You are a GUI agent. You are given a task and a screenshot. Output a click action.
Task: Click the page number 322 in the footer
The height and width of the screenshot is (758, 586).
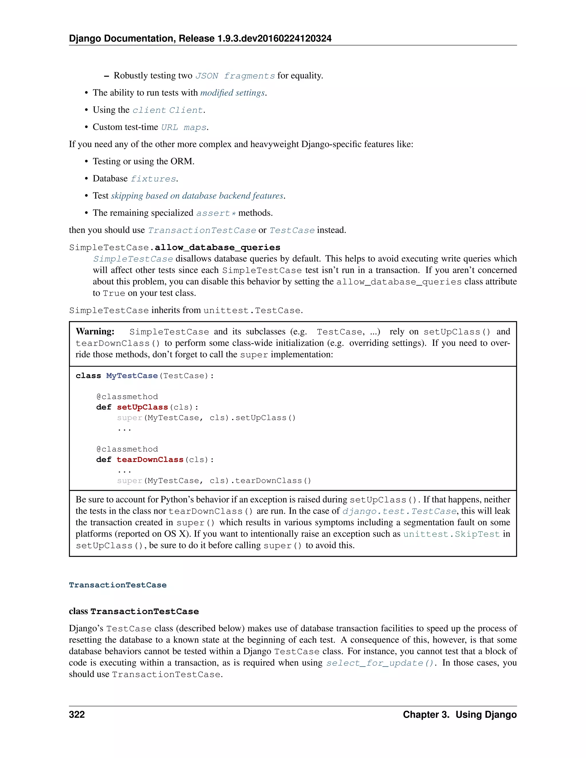pyautogui.click(x=77, y=714)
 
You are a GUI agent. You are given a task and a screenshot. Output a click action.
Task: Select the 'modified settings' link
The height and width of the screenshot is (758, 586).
pyautogui.click(x=233, y=93)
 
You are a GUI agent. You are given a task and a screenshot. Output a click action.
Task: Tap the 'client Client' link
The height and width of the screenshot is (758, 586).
pyautogui.click(x=168, y=110)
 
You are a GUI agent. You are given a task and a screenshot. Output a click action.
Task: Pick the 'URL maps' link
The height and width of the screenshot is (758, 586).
pyautogui.click(x=184, y=127)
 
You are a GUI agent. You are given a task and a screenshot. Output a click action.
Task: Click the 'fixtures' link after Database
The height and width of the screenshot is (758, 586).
pyautogui.click(x=153, y=179)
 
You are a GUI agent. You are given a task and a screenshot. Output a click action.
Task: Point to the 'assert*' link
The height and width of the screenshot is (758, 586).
pyautogui.click(x=215, y=213)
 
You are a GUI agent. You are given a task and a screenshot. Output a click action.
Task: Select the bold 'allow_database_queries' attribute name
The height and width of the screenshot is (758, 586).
pyautogui.click(x=217, y=247)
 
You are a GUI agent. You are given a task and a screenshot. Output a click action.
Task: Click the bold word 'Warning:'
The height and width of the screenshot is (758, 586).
pyautogui.click(x=95, y=332)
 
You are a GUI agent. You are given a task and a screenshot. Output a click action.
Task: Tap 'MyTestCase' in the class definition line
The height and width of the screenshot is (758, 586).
pyautogui.click(x=132, y=376)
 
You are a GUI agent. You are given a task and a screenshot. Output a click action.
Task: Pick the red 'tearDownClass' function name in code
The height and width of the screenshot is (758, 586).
pyautogui.click(x=150, y=460)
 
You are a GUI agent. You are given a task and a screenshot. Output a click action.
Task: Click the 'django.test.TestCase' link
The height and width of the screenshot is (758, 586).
pyautogui.click(x=399, y=511)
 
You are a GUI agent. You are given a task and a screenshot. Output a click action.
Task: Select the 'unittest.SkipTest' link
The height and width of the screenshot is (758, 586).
pyautogui.click(x=451, y=534)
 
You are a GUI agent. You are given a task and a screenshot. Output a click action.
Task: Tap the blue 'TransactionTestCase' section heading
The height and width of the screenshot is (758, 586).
pyautogui.click(x=118, y=585)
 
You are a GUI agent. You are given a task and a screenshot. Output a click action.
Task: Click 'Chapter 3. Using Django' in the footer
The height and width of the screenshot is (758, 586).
pyautogui.click(x=459, y=714)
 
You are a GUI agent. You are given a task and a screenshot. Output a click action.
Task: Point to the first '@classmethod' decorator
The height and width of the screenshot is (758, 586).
pyautogui.click(x=127, y=397)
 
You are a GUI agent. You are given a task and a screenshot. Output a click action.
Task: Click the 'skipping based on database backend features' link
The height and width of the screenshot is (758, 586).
pyautogui.click(x=197, y=196)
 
